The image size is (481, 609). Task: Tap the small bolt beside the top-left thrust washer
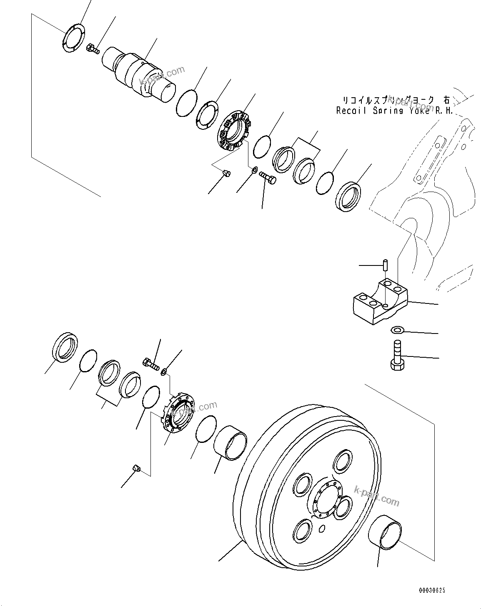(93, 49)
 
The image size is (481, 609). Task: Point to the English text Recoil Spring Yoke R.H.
(393, 111)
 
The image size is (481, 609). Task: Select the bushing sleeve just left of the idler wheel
(230, 446)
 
